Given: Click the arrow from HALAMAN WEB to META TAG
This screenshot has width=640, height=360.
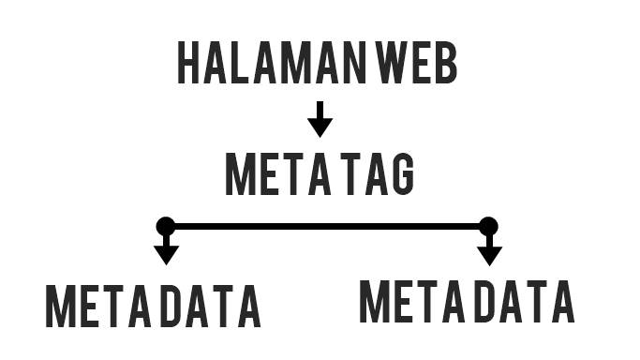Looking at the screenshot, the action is click(x=320, y=119).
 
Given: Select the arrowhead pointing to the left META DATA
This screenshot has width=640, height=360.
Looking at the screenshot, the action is click(x=166, y=254).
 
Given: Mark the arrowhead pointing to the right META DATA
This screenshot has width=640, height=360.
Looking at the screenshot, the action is click(x=489, y=254).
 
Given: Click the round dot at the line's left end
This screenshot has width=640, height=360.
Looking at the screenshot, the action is click(x=166, y=226).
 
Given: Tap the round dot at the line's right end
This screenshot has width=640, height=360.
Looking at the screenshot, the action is click(x=488, y=226).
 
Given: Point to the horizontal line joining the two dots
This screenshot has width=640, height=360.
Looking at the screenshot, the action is click(x=327, y=226).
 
